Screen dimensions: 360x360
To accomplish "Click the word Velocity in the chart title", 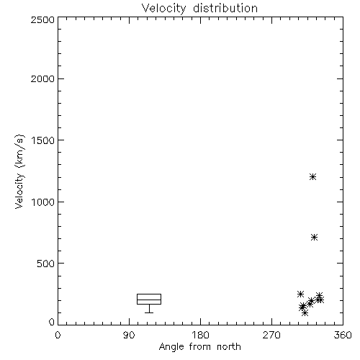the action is (x=163, y=9).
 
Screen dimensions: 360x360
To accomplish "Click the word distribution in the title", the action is (x=225, y=8).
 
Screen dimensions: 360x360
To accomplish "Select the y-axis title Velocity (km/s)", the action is (x=19, y=171).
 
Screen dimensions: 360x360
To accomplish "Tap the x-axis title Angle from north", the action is (x=199, y=347).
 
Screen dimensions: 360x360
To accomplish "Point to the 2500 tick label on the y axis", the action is (x=42, y=19).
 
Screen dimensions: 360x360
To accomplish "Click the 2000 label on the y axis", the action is (x=42, y=78).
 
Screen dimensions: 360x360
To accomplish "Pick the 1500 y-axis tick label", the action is (x=43, y=140).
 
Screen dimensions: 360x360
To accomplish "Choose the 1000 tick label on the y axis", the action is (x=43, y=202).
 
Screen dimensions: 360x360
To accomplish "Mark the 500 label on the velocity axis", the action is (x=46, y=264).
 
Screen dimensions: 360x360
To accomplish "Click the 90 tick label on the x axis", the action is (x=129, y=335).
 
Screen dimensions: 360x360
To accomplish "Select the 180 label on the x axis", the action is (x=200, y=335).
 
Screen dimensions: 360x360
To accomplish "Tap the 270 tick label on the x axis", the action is (x=271, y=335).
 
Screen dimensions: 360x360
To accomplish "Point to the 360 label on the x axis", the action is (x=343, y=335).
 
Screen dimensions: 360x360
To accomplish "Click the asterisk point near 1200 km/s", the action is (x=312, y=177).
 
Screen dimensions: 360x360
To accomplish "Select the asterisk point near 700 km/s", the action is (x=315, y=238).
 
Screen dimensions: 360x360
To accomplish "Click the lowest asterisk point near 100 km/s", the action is (x=305, y=312).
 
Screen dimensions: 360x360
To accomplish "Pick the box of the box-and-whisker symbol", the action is (x=149, y=294).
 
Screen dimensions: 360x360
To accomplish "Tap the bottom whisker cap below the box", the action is (x=149, y=312).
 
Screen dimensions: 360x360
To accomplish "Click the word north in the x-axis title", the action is (x=229, y=347).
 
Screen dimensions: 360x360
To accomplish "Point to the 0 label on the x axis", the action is (x=58, y=335).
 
